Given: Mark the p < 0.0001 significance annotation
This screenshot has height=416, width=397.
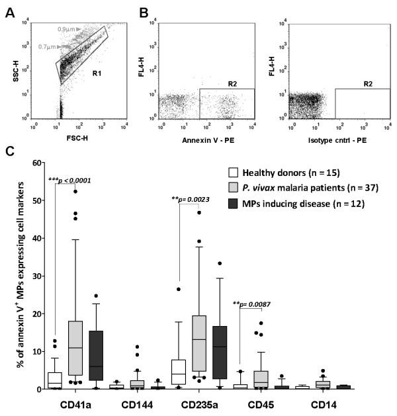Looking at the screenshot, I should [x=73, y=180].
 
